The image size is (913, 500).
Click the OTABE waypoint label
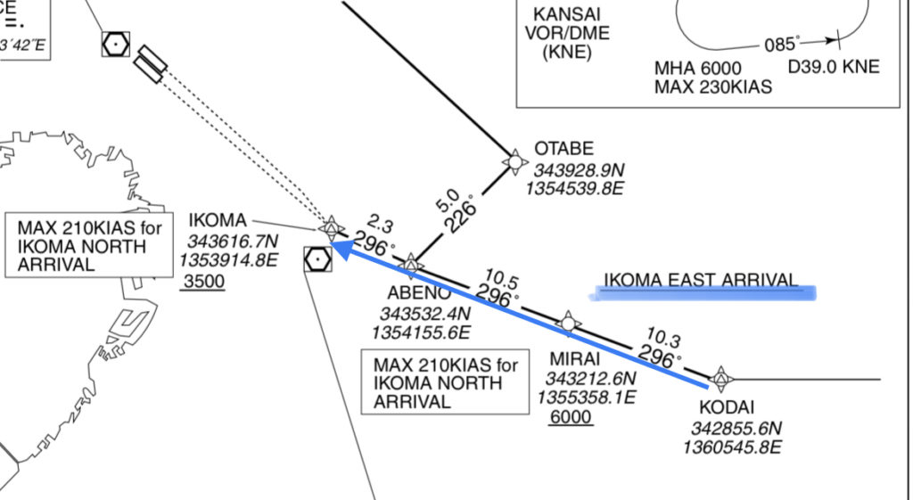563,149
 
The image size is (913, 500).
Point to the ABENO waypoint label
413,293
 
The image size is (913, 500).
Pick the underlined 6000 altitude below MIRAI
571,417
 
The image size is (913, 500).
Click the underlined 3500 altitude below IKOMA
202,283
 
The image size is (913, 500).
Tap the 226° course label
463,215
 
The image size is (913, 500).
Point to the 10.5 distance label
499,276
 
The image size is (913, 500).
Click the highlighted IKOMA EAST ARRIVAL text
701,281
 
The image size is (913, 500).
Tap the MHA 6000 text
692,68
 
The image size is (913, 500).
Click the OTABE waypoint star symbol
514,161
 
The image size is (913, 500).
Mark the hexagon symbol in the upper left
116,42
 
